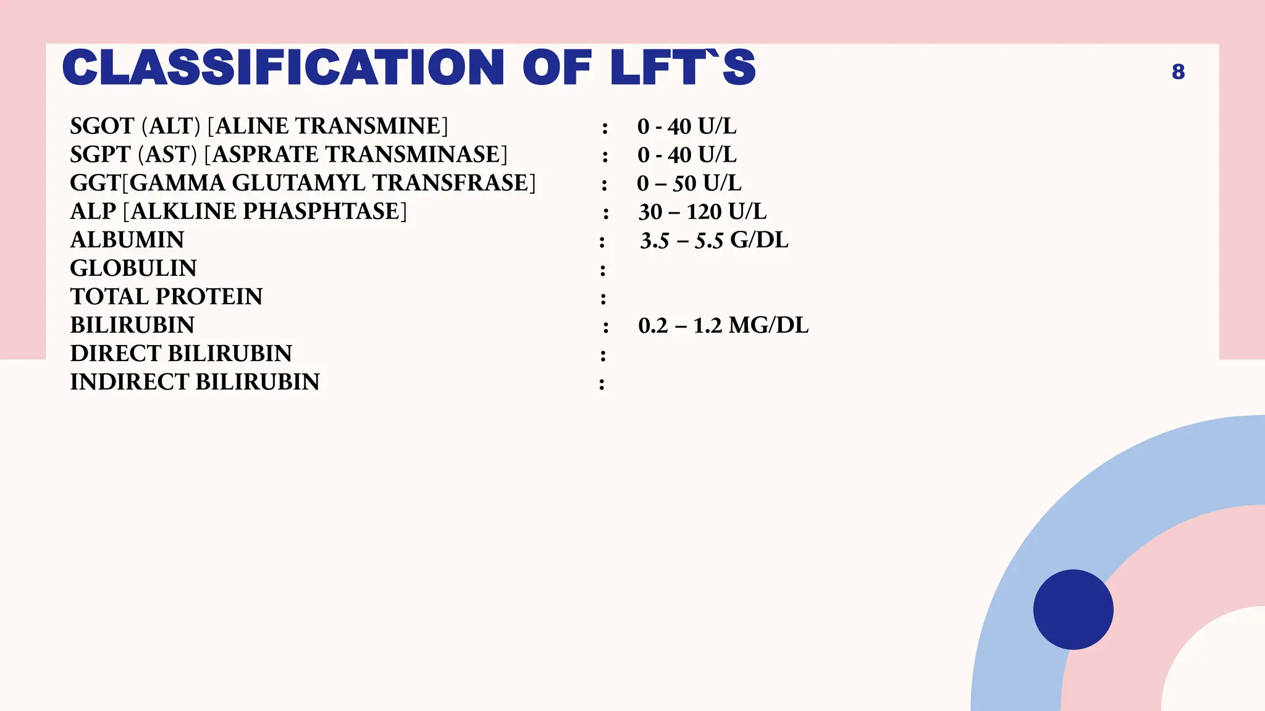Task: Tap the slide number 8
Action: coord(1178,72)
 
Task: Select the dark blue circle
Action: coord(1073,609)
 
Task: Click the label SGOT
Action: coord(102,126)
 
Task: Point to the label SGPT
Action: coord(100,154)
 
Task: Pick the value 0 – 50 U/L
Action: coord(689,183)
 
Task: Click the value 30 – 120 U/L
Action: coord(702,212)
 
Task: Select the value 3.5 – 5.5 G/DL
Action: coord(714,240)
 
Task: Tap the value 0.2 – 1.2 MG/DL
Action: coord(723,325)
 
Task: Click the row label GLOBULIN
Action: coord(133,268)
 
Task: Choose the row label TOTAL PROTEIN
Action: coord(166,297)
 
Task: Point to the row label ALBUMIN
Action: coord(127,240)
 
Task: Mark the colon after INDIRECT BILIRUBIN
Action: coord(602,384)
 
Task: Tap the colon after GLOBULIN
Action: coord(603,270)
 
